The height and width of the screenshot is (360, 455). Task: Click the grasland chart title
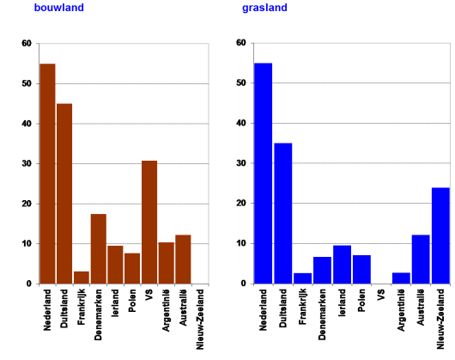tap(264, 9)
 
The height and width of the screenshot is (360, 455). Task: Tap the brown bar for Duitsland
tap(64, 193)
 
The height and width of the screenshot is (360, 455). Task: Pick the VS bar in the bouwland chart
tap(149, 222)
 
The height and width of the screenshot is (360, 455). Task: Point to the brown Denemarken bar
tap(99, 248)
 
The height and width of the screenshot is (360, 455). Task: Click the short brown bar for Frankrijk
tap(82, 278)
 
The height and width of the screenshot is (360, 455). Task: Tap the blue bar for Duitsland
tap(282, 213)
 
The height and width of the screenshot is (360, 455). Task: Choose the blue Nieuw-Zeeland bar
tap(440, 235)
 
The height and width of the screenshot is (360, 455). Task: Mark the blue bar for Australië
tap(421, 259)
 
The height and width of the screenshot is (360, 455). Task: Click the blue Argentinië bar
tap(401, 278)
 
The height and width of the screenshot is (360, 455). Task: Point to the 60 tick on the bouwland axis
tap(26, 44)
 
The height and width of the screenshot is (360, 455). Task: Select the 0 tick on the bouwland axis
tap(28, 284)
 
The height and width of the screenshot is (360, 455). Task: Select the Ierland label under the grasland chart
tap(342, 305)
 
